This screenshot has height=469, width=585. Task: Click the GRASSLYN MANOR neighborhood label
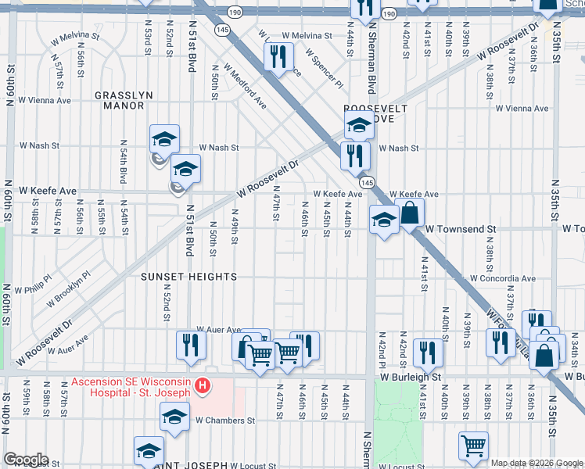(x=124, y=100)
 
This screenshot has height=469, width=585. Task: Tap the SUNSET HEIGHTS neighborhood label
(x=188, y=277)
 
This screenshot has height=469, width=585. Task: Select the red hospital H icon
(x=203, y=385)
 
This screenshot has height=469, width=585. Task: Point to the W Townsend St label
(x=461, y=229)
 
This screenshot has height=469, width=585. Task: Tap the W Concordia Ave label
(x=502, y=278)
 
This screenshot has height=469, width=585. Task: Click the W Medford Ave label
(x=245, y=86)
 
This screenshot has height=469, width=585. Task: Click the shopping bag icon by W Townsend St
(x=409, y=213)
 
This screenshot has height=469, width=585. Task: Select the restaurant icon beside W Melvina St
(x=278, y=57)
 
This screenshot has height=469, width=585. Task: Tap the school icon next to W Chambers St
(x=174, y=416)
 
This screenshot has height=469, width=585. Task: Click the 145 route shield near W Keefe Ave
(x=368, y=181)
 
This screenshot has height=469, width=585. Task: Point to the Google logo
(x=25, y=460)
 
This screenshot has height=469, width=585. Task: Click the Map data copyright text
(x=537, y=463)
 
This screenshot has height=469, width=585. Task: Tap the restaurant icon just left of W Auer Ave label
(x=191, y=345)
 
